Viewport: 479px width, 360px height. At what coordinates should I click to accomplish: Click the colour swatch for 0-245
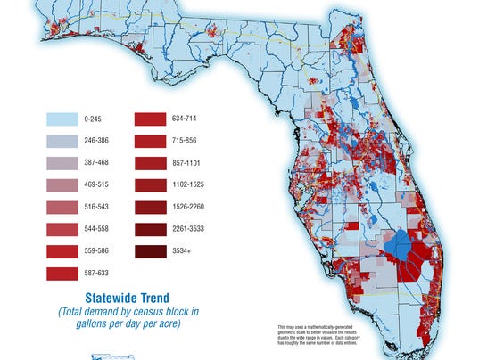pyautogui.click(x=62, y=118)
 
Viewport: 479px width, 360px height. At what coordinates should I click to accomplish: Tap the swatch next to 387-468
pyautogui.click(x=62, y=163)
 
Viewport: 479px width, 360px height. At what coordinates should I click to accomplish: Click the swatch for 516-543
pyautogui.click(x=62, y=208)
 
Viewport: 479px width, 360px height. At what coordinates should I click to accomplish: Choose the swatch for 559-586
pyautogui.click(x=62, y=252)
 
